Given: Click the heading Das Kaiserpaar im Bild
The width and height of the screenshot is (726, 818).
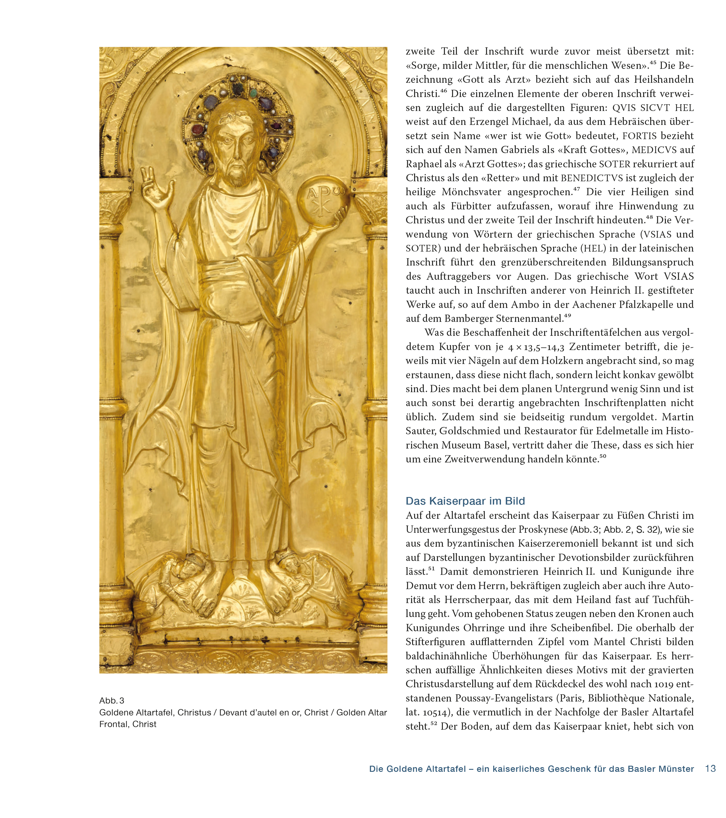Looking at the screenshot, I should [465, 501].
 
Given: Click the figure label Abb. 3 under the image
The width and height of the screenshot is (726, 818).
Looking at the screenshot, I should [112, 700].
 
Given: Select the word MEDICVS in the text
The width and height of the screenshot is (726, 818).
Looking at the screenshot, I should [654, 150].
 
